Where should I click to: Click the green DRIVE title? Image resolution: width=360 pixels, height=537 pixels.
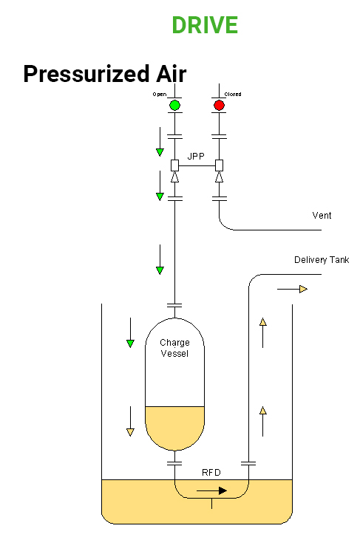pos(205,25)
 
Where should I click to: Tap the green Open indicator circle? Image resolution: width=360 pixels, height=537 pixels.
pos(174,106)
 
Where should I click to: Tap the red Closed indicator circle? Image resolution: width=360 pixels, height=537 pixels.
pos(219,106)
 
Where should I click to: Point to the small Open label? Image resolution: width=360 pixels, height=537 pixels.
pos(159,95)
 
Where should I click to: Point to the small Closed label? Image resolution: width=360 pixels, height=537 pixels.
pos(233,95)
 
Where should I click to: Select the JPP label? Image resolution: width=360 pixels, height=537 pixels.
pos(197,156)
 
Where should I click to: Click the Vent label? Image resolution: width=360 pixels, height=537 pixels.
pos(322,216)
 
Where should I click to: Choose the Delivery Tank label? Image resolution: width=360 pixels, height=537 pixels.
pos(322,260)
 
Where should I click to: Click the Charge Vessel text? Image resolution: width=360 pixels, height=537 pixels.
pos(174,348)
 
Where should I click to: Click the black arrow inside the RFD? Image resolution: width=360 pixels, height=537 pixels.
pos(211,490)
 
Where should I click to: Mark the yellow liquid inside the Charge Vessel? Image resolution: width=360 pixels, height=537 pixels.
pos(174,427)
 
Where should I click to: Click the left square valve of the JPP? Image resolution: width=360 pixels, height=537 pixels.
pos(174,165)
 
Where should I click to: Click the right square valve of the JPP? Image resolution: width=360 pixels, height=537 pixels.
pos(219,165)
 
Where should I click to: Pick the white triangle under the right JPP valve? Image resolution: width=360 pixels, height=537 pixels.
pos(219,178)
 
